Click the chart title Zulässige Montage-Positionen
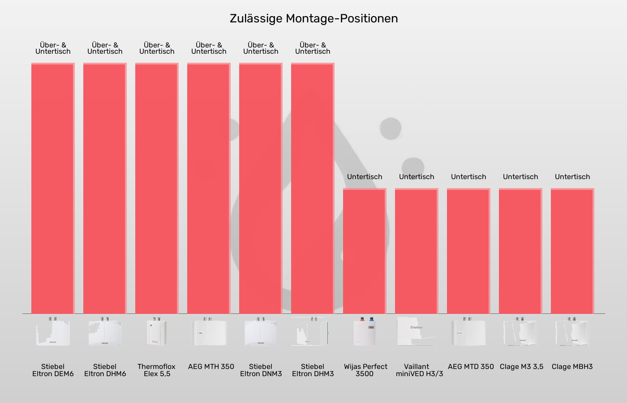click(x=313, y=18)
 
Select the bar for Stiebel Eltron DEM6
click(x=53, y=188)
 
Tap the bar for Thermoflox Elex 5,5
click(x=157, y=188)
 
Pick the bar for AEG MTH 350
click(x=209, y=188)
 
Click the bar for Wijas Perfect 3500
click(x=365, y=251)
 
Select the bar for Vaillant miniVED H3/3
click(x=417, y=251)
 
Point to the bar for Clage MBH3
click(x=572, y=251)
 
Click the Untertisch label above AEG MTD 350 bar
click(x=468, y=177)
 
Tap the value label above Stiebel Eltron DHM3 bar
click(x=313, y=48)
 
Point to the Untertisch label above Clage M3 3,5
click(x=520, y=177)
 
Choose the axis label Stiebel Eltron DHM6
click(x=105, y=370)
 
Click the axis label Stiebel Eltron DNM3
click(x=261, y=370)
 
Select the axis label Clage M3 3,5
click(x=521, y=367)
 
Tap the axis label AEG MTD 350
click(x=471, y=367)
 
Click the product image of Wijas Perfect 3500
click(x=365, y=332)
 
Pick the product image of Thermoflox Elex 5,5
click(x=157, y=332)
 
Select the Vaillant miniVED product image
click(x=417, y=332)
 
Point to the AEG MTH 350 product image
click(x=209, y=332)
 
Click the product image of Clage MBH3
click(x=572, y=332)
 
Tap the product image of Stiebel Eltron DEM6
click(x=53, y=332)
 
